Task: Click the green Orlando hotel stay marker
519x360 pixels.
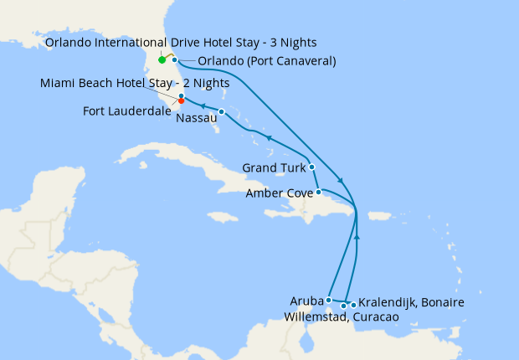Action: pyautogui.click(x=162, y=59)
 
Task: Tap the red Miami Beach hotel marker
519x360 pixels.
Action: pyautogui.click(x=182, y=101)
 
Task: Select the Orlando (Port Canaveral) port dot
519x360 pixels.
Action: pyautogui.click(x=174, y=59)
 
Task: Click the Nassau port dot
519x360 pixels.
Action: pyautogui.click(x=221, y=111)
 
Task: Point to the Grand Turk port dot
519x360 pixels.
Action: pyautogui.click(x=311, y=167)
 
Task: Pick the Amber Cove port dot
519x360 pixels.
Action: pyautogui.click(x=318, y=192)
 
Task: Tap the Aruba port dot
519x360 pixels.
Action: pyautogui.click(x=329, y=299)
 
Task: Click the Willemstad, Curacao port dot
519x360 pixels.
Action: pyautogui.click(x=343, y=306)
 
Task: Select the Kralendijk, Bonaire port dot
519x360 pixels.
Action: pyautogui.click(x=353, y=304)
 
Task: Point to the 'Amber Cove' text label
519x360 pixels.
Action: pyautogui.click(x=279, y=193)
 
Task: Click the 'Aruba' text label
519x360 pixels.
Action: pyautogui.click(x=306, y=299)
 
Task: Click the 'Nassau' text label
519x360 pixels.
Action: pyautogui.click(x=196, y=119)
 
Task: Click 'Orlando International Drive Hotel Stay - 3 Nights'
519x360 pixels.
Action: pyautogui.click(x=181, y=42)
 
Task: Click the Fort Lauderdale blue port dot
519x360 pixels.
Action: pyautogui.click(x=181, y=96)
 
